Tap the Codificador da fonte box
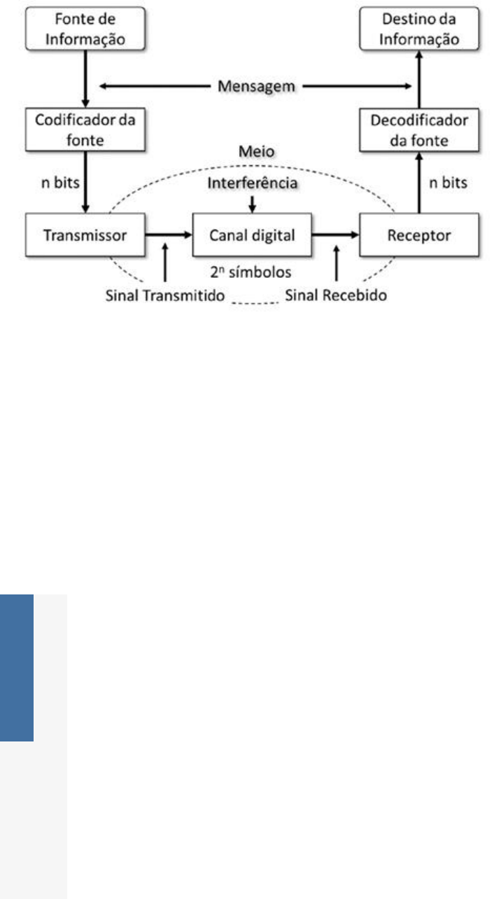85,129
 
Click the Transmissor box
85,235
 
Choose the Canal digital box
252,235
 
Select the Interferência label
252,183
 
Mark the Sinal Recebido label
336,295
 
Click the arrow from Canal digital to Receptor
335,235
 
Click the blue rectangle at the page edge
17,667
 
